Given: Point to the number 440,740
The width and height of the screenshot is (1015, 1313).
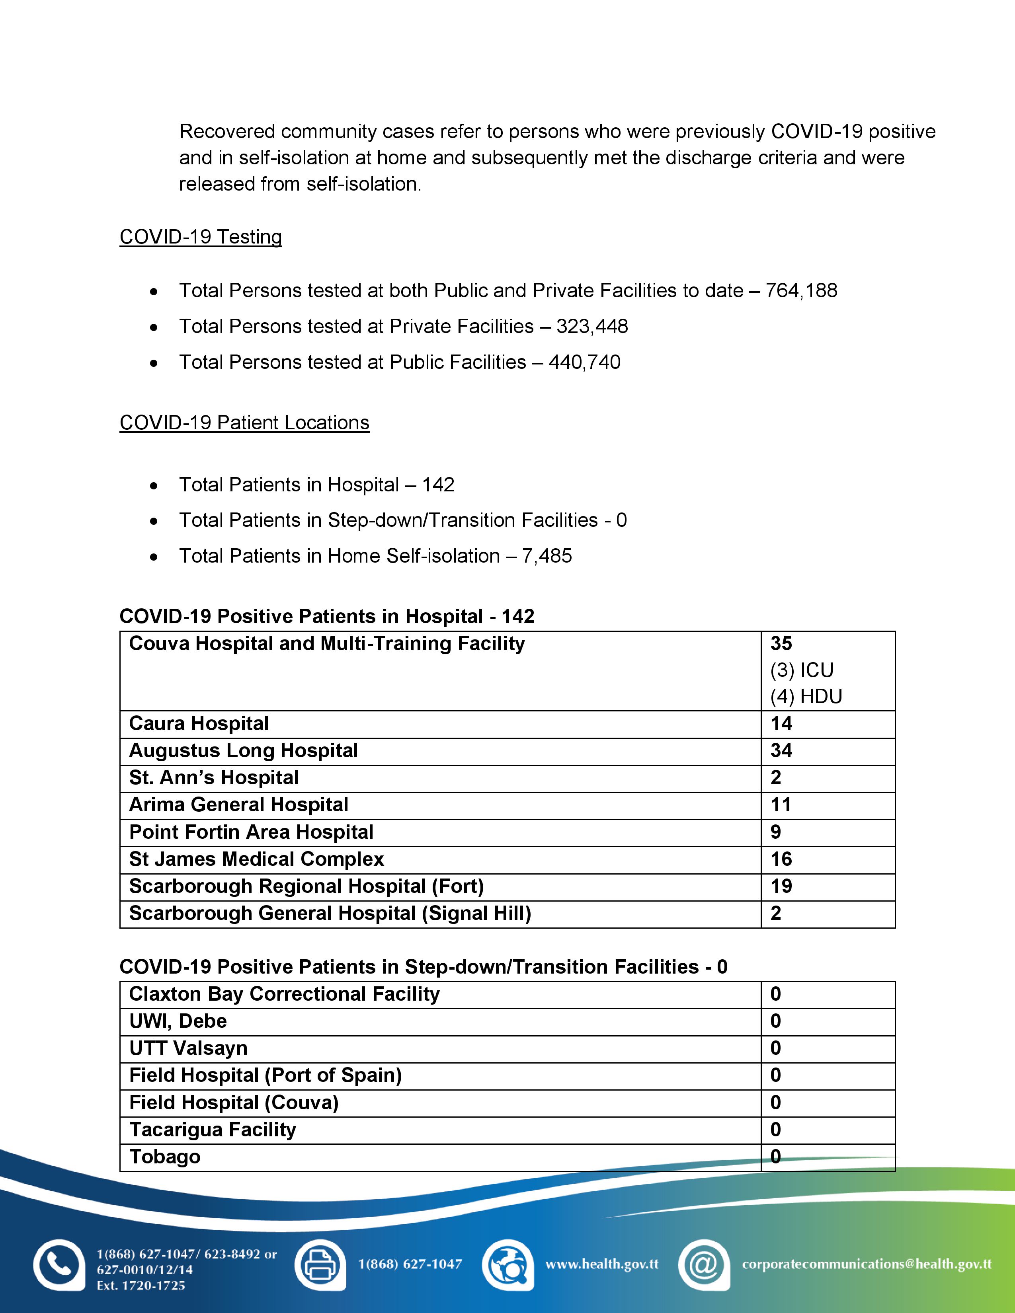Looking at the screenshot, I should tap(584, 362).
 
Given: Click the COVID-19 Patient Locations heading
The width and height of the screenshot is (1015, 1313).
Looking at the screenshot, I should tap(244, 423).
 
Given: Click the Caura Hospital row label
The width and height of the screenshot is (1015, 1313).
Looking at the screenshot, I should tap(199, 723).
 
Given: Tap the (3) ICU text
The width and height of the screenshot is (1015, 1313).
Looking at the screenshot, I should tap(802, 670).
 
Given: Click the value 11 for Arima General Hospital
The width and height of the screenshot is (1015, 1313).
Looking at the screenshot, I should tap(781, 805).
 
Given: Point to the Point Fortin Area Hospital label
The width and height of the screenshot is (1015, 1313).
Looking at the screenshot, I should tap(251, 832).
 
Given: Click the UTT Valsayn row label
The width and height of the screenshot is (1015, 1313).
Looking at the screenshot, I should tap(188, 1048).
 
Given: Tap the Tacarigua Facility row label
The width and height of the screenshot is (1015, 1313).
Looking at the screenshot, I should tap(213, 1130).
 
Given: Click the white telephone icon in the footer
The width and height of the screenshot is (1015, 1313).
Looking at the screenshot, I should tap(59, 1265).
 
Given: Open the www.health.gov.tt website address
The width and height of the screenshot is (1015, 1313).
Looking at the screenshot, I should tap(601, 1264).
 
